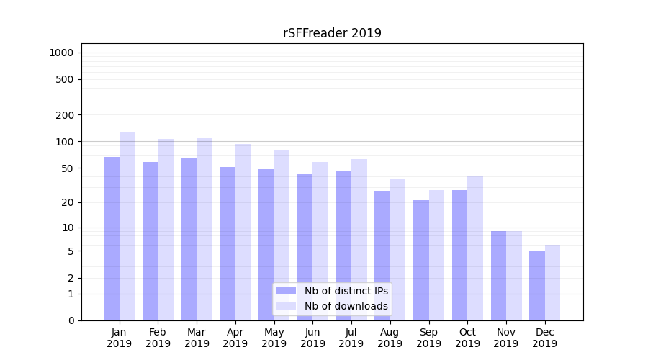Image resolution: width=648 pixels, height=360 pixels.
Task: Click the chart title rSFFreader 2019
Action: [332, 33]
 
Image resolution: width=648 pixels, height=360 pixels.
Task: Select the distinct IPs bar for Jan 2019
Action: [112, 238]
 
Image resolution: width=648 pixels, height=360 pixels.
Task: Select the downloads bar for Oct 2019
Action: [475, 248]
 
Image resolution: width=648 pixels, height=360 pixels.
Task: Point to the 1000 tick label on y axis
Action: [61, 53]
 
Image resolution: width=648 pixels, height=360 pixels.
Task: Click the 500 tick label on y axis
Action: [65, 79]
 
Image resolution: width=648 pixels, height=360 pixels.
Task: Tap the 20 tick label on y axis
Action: [68, 202]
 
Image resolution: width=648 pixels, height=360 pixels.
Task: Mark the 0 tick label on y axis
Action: [71, 320]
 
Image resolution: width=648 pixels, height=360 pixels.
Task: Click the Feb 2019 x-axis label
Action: [158, 338]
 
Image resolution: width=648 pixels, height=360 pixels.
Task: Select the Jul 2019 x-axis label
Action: [351, 338]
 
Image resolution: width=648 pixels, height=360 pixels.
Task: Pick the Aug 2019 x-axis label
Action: [390, 338]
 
